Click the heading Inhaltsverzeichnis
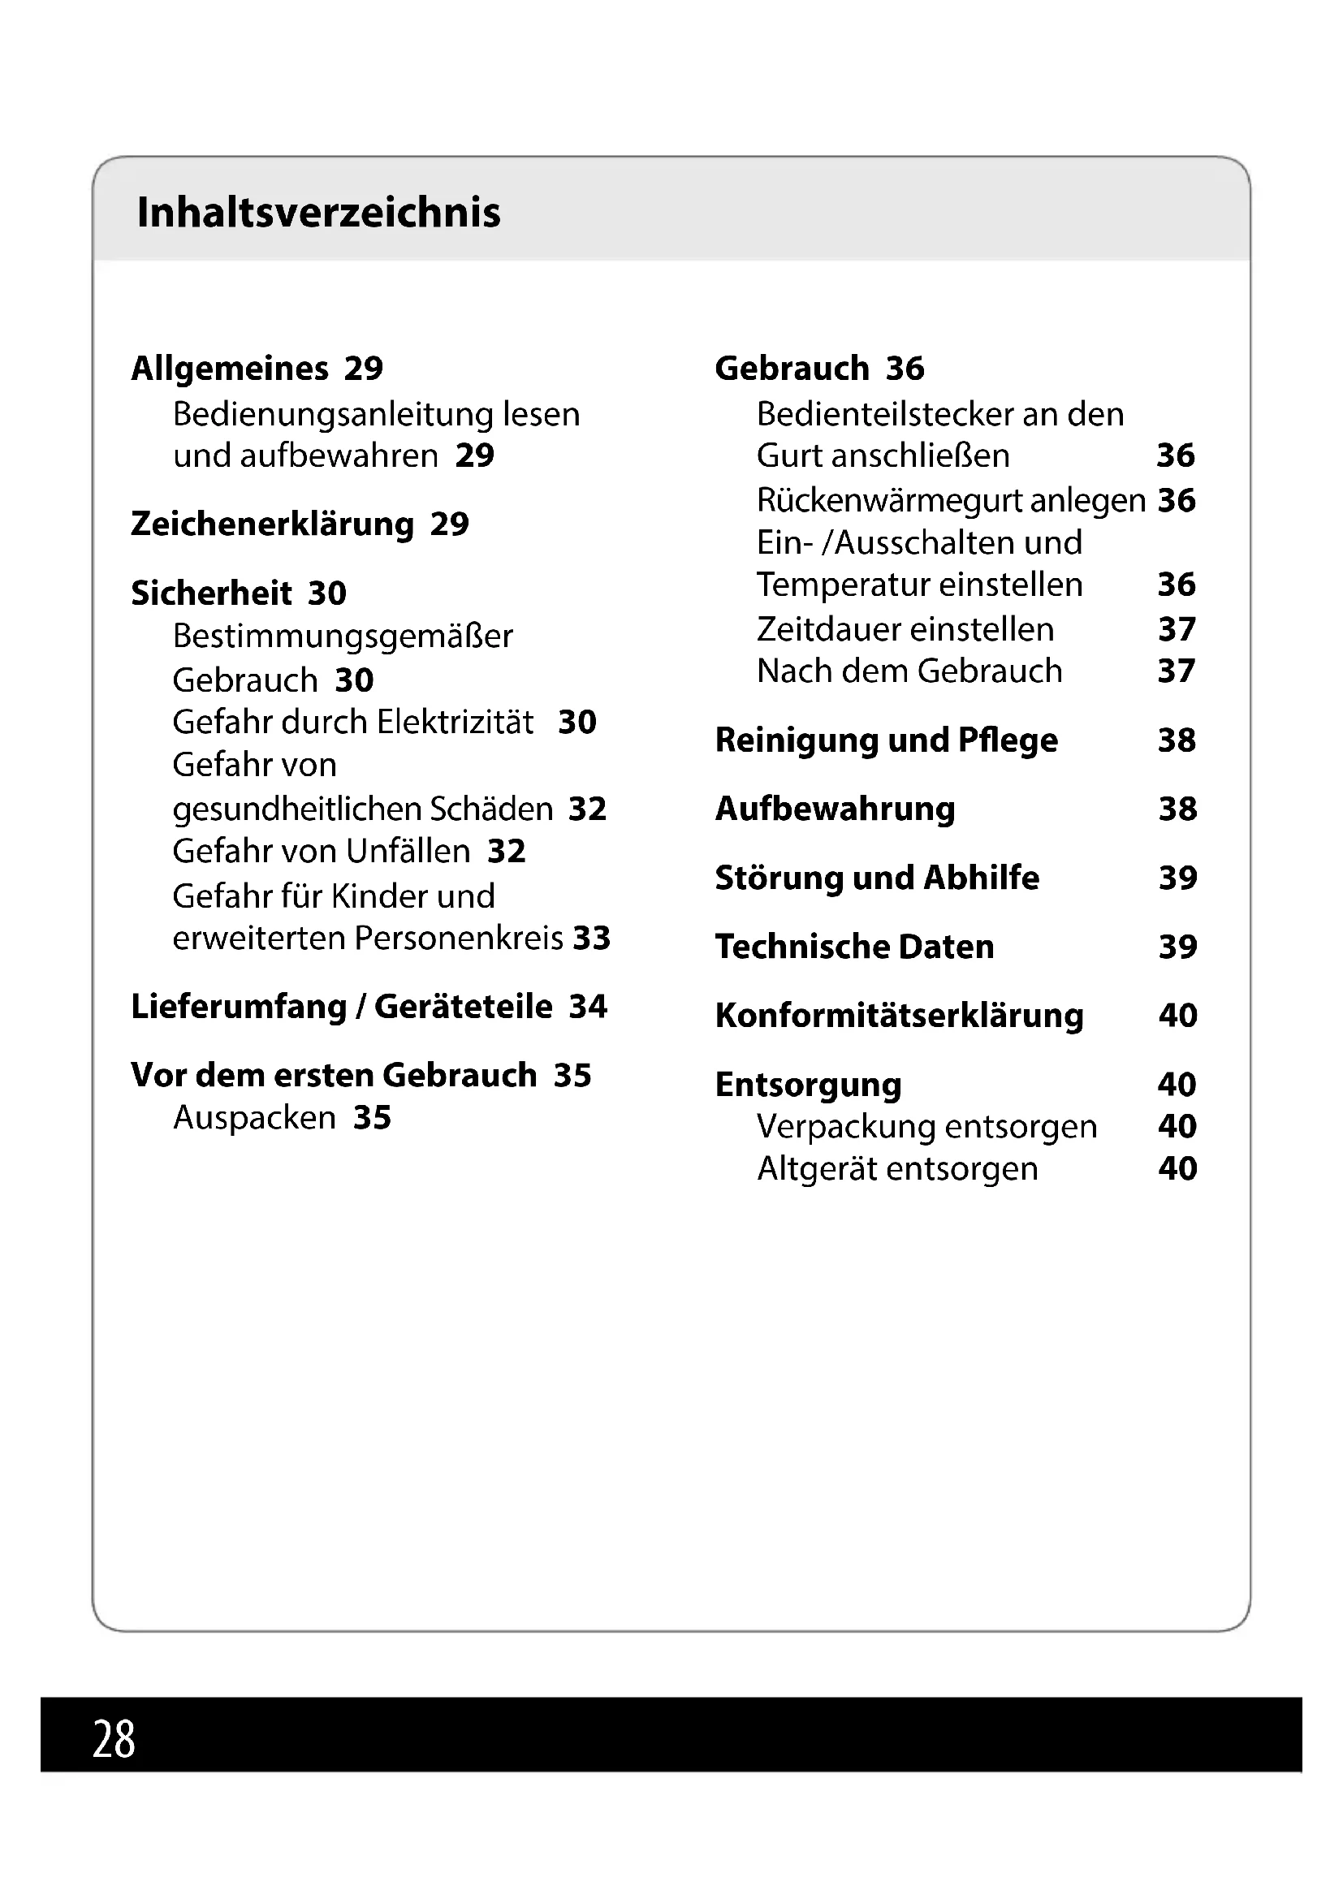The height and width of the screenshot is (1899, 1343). pyautogui.click(x=318, y=213)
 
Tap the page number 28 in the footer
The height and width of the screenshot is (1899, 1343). pyautogui.click(x=114, y=1738)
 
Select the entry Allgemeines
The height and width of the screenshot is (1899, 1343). pyautogui.click(x=230, y=369)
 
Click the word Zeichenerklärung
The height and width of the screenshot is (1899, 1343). pyautogui.click(x=272, y=524)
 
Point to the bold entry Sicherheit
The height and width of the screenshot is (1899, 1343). pyautogui.click(x=211, y=593)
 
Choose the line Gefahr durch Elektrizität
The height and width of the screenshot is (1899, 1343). pyautogui.click(x=353, y=722)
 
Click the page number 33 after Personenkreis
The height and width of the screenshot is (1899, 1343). pyautogui.click(x=591, y=938)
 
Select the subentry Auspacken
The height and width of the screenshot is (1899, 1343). pyautogui.click(x=254, y=1117)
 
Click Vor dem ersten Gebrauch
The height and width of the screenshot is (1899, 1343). pyautogui.click(x=333, y=1075)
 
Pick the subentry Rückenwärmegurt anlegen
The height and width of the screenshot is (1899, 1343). pyautogui.click(x=951, y=500)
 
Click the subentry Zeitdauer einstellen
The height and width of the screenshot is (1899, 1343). pyautogui.click(x=905, y=629)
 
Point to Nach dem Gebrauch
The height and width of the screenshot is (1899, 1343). pyautogui.click(x=909, y=671)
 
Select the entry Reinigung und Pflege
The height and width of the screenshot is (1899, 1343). pyautogui.click(x=887, y=740)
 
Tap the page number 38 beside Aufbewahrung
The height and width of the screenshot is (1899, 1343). pyautogui.click(x=1177, y=809)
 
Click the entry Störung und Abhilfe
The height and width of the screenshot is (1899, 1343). pyautogui.click(x=877, y=878)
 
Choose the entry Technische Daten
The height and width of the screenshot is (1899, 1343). pyautogui.click(x=854, y=947)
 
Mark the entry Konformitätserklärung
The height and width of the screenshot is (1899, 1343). pyautogui.click(x=899, y=1016)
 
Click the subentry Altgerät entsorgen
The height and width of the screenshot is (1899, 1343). pyautogui.click(x=897, y=1168)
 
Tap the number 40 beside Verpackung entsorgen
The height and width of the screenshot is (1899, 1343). pyautogui.click(x=1177, y=1127)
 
